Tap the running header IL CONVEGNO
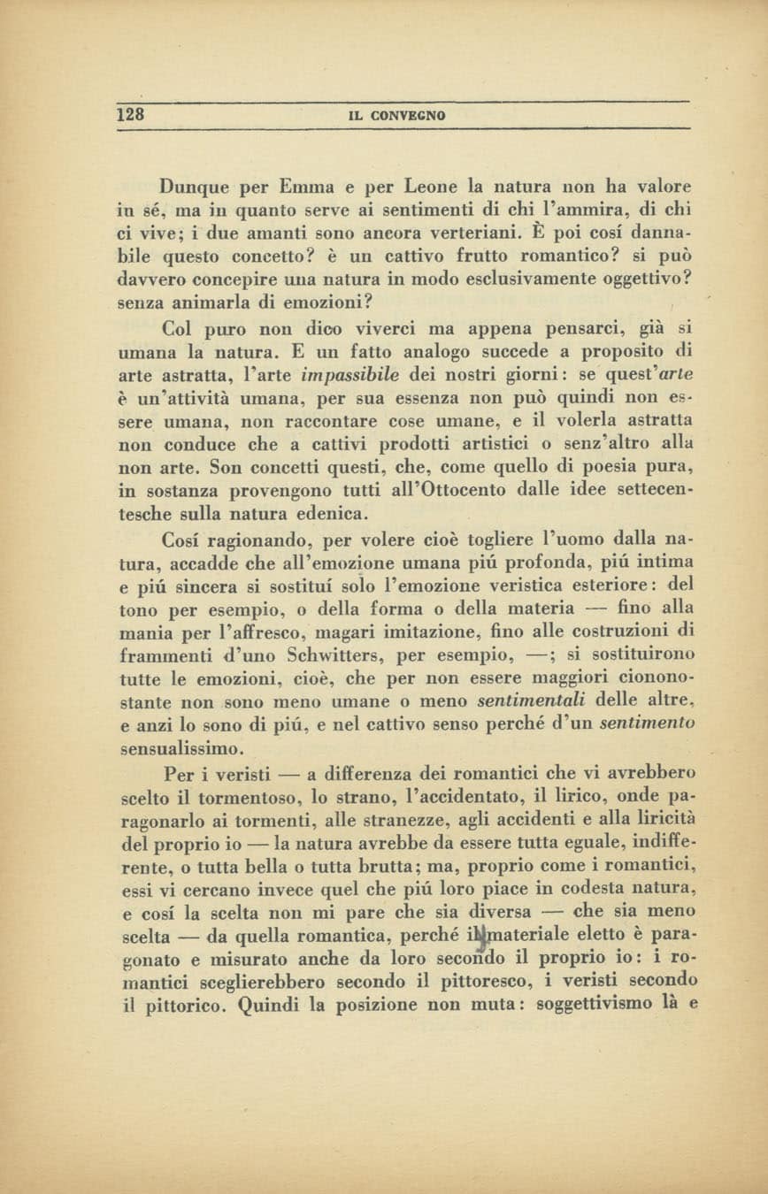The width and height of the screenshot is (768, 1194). (x=396, y=116)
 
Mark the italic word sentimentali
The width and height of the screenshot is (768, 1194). (x=531, y=701)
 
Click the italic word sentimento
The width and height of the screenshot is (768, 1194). (x=647, y=724)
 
